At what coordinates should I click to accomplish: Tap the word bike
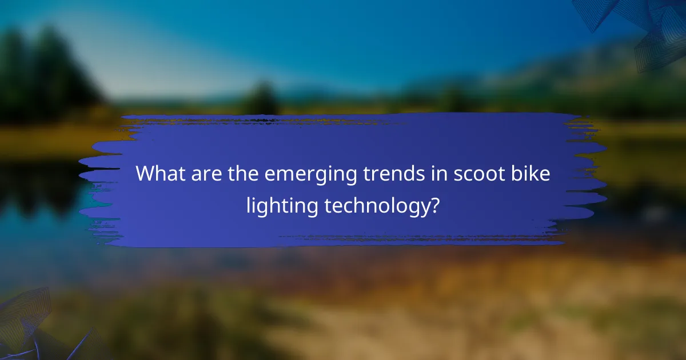point(532,174)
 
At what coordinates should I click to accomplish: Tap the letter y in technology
point(421,208)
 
